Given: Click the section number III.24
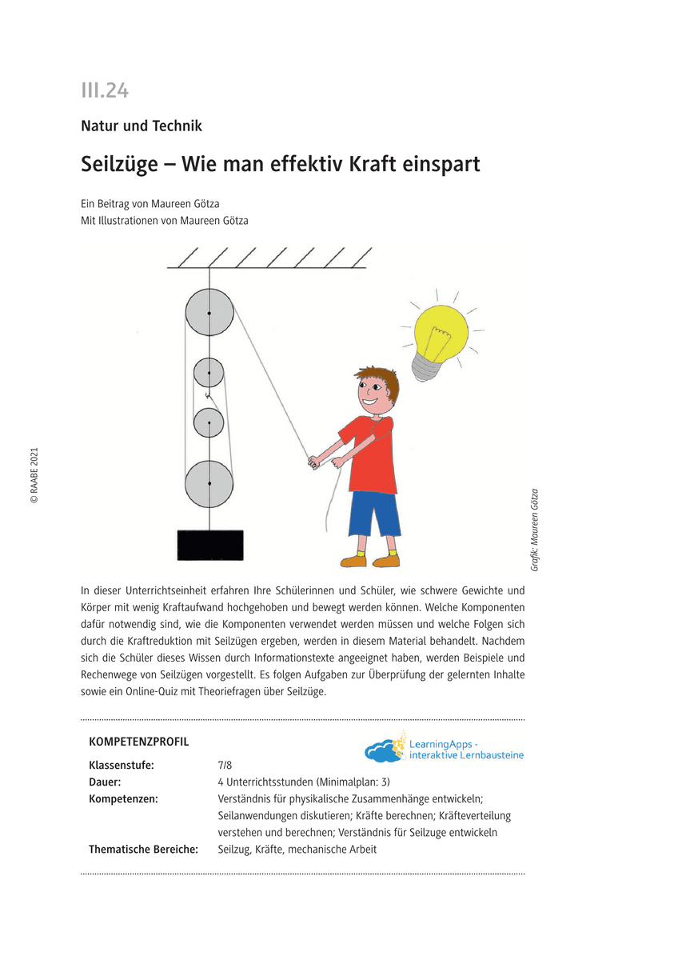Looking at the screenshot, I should [x=105, y=91].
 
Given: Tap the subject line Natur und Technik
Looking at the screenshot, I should [x=142, y=126].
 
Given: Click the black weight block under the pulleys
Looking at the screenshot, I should [x=209, y=545].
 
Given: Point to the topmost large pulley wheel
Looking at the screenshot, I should [x=209, y=313].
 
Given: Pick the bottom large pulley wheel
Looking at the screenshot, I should [x=209, y=484].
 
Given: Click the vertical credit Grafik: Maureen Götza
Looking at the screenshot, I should [x=534, y=529].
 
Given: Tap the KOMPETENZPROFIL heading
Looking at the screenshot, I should [x=139, y=742].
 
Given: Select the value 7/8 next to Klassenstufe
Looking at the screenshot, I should [x=225, y=765].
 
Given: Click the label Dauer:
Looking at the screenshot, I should [x=106, y=782].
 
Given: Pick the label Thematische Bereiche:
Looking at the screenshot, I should [x=143, y=849].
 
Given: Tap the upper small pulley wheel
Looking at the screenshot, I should [x=209, y=372].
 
